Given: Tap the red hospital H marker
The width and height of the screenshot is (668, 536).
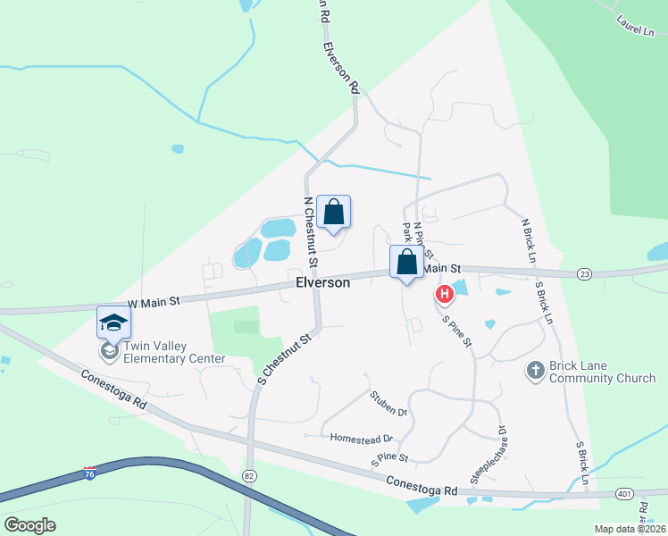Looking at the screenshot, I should tap(444, 294).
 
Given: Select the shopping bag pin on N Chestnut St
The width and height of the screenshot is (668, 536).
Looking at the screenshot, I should tap(333, 213).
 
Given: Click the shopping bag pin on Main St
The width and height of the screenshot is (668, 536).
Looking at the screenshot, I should tap(406, 264).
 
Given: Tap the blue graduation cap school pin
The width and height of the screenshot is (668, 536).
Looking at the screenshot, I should tap(113, 322).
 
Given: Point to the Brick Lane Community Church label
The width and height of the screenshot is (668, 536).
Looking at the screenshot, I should tap(603, 372).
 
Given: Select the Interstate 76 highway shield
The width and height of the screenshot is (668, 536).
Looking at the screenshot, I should tap(90, 471).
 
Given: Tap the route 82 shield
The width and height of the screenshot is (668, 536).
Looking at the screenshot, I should tap(248, 477).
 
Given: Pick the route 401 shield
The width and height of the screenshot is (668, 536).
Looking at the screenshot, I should tap(625, 493).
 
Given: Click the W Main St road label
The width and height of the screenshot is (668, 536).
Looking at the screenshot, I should tap(154, 302).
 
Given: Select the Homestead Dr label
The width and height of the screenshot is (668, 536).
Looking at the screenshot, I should tap(362, 439).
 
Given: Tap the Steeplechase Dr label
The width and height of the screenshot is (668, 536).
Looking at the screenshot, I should tap(488, 455).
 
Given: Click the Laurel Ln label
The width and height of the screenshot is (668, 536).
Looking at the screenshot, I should tap(635, 24).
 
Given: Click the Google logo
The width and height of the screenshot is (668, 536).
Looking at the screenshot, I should tap(29, 524).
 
